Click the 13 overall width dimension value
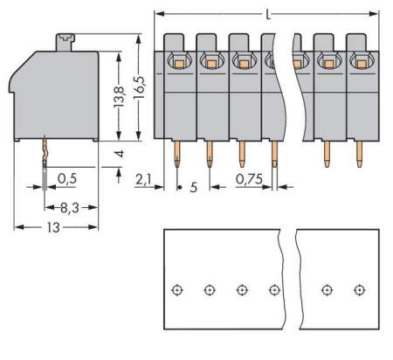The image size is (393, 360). click(54, 226)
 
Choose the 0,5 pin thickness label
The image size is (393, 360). click(66, 179)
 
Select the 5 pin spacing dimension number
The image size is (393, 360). click(193, 186)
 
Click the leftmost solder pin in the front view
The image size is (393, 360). click(176, 156)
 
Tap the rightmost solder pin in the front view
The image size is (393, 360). click(359, 156)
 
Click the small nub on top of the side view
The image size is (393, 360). click(64, 38)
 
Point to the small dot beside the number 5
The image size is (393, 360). click(178, 187)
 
